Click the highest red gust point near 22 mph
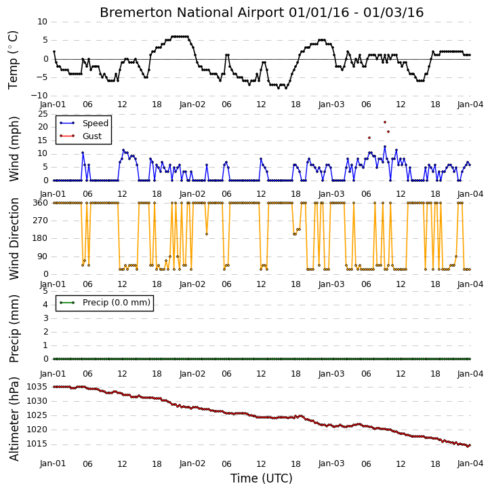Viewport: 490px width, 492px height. (x=385, y=122)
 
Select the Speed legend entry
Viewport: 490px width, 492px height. (x=84, y=124)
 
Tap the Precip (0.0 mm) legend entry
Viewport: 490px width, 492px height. (x=105, y=303)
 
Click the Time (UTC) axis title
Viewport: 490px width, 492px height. (x=262, y=478)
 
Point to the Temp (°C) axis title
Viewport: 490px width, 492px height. (x=13, y=60)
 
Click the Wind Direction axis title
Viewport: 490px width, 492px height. (x=14, y=239)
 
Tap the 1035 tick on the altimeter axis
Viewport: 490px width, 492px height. (x=37, y=387)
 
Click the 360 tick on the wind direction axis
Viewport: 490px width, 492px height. (x=41, y=203)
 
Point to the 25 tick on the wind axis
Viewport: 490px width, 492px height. (x=43, y=113)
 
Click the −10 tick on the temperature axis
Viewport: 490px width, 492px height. (x=39, y=96)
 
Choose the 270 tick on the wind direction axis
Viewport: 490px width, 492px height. (x=41, y=221)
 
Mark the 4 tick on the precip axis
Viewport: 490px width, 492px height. (x=45, y=305)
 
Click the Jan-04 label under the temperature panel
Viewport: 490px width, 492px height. (x=470, y=105)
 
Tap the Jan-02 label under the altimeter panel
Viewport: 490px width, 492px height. (x=192, y=463)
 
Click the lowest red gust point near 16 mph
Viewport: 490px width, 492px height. (x=369, y=138)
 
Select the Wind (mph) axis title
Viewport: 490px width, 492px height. (x=14, y=149)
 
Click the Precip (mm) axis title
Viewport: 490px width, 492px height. (x=14, y=329)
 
